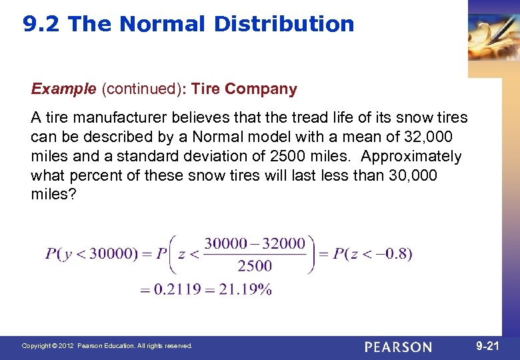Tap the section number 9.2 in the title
coord(42,24)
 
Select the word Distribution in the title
coord(284,24)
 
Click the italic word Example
coord(63,89)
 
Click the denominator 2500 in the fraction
coord(255,267)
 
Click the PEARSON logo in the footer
coord(398,347)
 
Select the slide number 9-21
coord(488,346)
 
